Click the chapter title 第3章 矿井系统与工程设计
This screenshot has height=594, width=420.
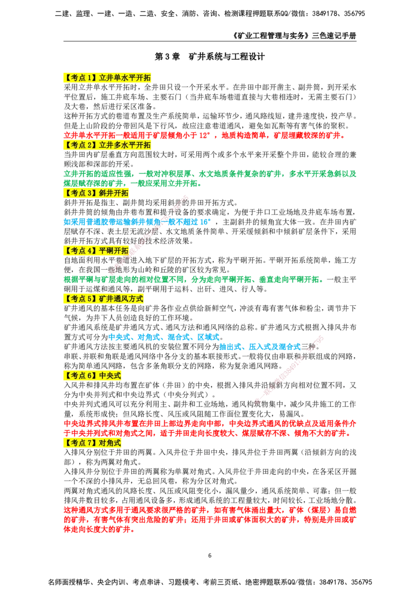tap(209, 57)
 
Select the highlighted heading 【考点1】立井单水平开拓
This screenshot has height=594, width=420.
tap(107, 78)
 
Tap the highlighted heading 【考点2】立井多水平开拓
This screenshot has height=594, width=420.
tap(107, 145)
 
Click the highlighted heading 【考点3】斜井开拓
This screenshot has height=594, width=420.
tap(96, 193)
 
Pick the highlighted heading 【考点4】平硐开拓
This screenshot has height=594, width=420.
tap(96, 251)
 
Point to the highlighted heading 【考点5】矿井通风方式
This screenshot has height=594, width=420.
tap(103, 299)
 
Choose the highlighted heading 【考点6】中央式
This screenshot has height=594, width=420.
tap(92, 376)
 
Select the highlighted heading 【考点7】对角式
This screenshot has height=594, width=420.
tap(92, 443)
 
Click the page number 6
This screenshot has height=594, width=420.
tap(210, 556)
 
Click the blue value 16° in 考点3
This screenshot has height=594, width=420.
tap(205, 222)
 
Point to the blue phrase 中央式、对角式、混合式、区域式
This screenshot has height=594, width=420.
tap(164, 337)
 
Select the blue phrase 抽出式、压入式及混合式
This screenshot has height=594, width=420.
tap(260, 347)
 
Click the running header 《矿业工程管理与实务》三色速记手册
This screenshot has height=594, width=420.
tap(294, 36)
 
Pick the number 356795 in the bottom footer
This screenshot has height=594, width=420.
tap(360, 582)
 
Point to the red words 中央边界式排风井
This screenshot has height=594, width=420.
tap(93, 423)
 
